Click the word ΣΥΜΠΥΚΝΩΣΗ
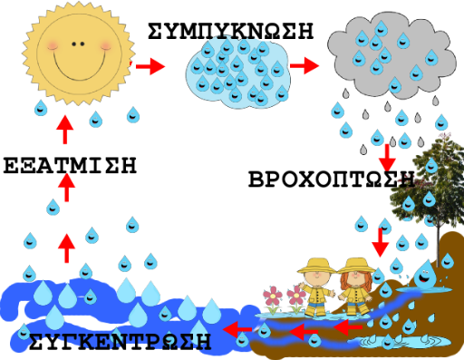pyautogui.click(x=231, y=31)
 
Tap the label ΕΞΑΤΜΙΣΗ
pyautogui.click(x=70, y=165)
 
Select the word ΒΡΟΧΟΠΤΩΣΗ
pyautogui.click(x=332, y=179)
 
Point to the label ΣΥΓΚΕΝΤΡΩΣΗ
pyautogui.click(x=120, y=341)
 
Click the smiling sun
pyautogui.click(x=79, y=54)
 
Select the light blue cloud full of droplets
pyautogui.click(x=238, y=73)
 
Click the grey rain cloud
pyautogui.click(x=391, y=56)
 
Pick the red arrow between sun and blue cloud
pyautogui.click(x=150, y=66)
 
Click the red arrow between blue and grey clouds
pyautogui.click(x=304, y=65)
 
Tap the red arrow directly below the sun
pyautogui.click(x=65, y=130)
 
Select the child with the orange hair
pyautogui.click(x=356, y=286)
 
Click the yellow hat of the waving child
pyautogui.click(x=316, y=266)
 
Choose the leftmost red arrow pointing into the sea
pyautogui.click(x=237, y=329)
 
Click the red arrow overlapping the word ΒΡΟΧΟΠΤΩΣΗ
pyautogui.click(x=387, y=158)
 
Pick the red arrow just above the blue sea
pyautogui.click(x=67, y=248)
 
